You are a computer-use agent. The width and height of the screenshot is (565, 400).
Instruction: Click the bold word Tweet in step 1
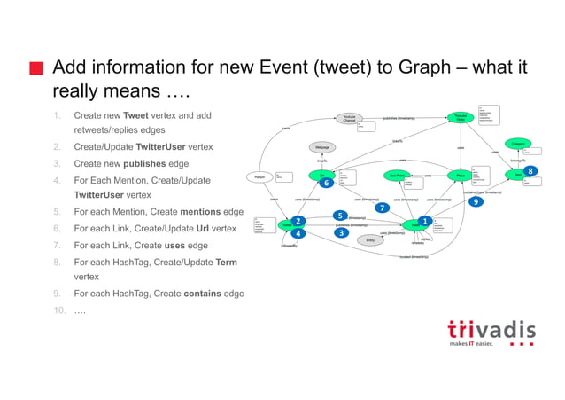coord(135,115)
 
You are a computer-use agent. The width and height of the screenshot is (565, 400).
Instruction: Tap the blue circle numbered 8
coord(530,170)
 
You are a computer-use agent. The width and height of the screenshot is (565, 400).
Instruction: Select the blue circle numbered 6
coord(326,183)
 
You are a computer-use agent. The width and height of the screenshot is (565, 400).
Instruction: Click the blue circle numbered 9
coord(476,201)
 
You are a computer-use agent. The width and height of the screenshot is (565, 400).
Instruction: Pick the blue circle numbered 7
coord(382,208)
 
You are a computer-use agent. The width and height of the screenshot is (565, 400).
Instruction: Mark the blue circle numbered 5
coord(339,215)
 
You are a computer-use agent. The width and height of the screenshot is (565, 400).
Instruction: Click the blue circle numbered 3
coord(342,232)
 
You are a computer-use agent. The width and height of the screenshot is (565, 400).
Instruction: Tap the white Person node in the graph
coord(259,176)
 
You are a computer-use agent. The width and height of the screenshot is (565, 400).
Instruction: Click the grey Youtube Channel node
coord(349,118)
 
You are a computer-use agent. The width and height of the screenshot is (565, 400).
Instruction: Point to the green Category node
coord(517,143)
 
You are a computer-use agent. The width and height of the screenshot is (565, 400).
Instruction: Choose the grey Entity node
coord(370,239)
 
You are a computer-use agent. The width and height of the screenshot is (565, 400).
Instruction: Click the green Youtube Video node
coord(461,117)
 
